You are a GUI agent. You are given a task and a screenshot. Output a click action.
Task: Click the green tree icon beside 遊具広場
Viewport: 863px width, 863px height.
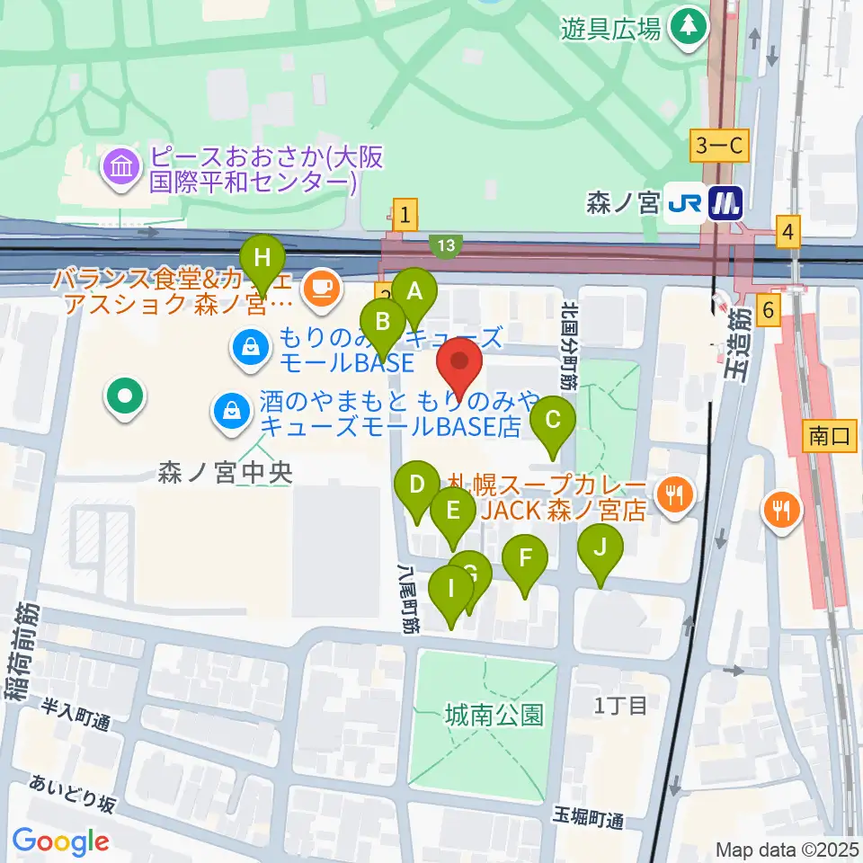tap(689, 25)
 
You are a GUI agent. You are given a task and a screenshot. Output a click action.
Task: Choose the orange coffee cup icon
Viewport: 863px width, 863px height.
tap(322, 288)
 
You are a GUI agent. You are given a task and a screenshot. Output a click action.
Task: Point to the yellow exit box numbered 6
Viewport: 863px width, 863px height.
tap(768, 310)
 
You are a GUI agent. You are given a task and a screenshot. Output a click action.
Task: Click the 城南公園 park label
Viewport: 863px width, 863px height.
tap(494, 716)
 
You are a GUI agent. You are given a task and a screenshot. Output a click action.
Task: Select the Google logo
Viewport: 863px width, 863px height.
tap(60, 841)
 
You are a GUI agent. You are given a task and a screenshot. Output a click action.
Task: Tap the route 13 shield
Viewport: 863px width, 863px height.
tap(447, 245)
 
